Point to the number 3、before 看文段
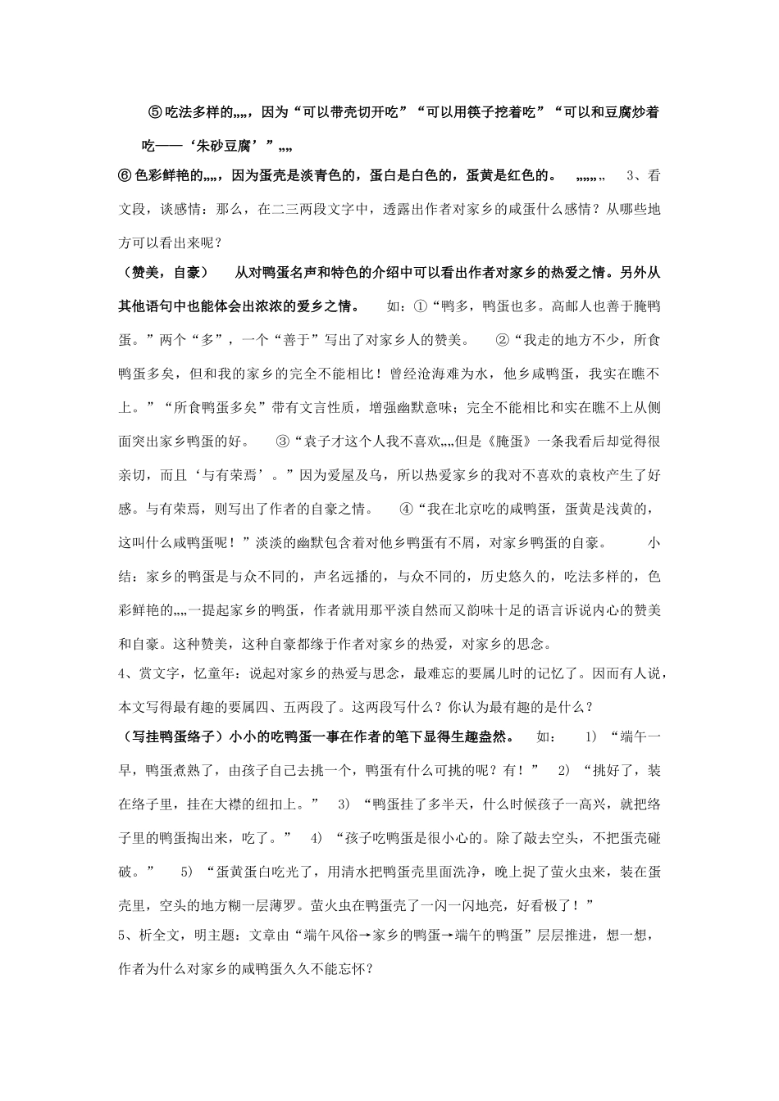click(x=633, y=175)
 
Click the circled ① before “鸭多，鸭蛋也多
click(x=420, y=306)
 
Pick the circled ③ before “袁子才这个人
click(x=284, y=442)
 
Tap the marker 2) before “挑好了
click(x=564, y=770)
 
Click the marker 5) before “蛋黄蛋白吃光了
click(x=188, y=870)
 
